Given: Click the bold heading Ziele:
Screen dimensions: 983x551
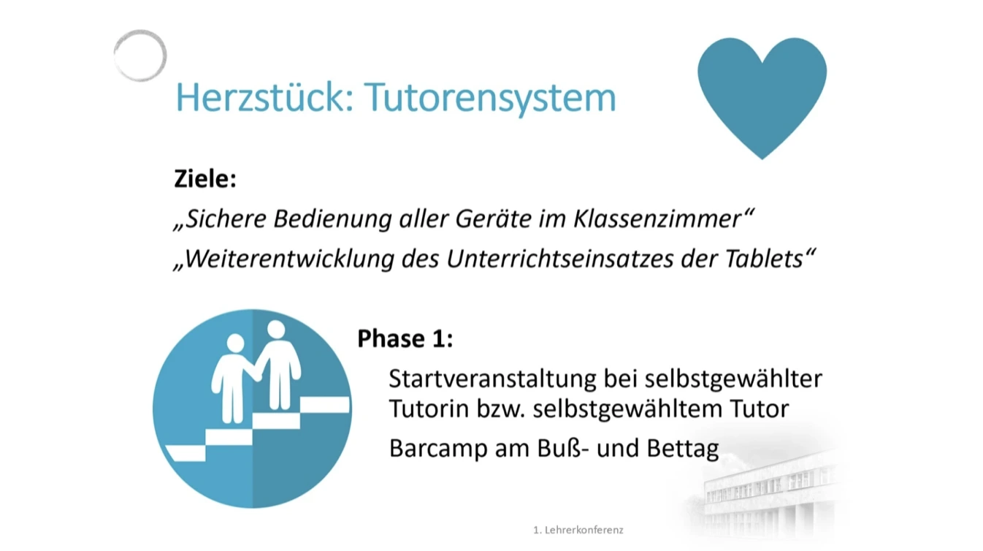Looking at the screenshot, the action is [205, 179].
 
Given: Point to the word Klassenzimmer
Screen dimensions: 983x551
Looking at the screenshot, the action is [657, 218].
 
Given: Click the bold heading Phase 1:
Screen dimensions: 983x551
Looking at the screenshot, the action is [405, 339].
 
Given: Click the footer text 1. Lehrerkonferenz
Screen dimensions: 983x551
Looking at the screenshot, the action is [578, 530].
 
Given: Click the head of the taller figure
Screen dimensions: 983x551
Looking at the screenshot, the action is [276, 330].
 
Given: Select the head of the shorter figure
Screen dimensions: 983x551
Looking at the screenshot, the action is [235, 343].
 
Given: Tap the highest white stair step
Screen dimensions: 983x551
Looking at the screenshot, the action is [325, 405].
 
